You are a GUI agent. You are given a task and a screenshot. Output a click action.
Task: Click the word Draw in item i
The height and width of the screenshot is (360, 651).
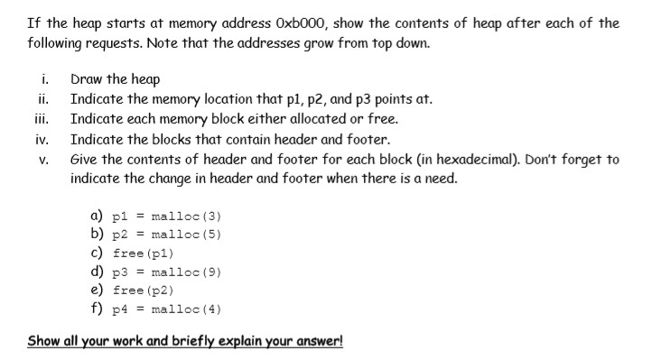coord(88,79)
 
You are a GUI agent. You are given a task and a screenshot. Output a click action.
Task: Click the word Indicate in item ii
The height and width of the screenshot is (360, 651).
coord(98,99)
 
